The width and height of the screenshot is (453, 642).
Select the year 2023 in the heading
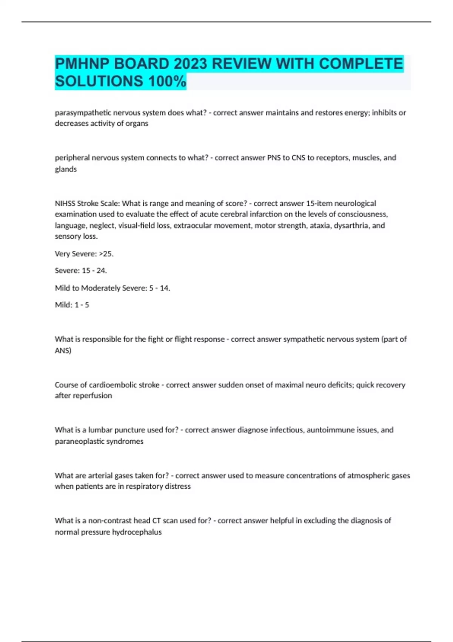(190, 63)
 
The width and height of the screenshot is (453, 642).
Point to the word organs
(138, 123)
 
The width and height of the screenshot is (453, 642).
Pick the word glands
(66, 169)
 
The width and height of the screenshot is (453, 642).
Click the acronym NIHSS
(65, 203)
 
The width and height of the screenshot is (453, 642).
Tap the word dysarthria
(350, 225)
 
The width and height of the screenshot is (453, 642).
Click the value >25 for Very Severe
(106, 254)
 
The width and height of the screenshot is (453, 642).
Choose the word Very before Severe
(62, 254)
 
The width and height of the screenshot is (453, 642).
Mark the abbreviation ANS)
(63, 350)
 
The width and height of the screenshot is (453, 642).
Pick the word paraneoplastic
(80, 441)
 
